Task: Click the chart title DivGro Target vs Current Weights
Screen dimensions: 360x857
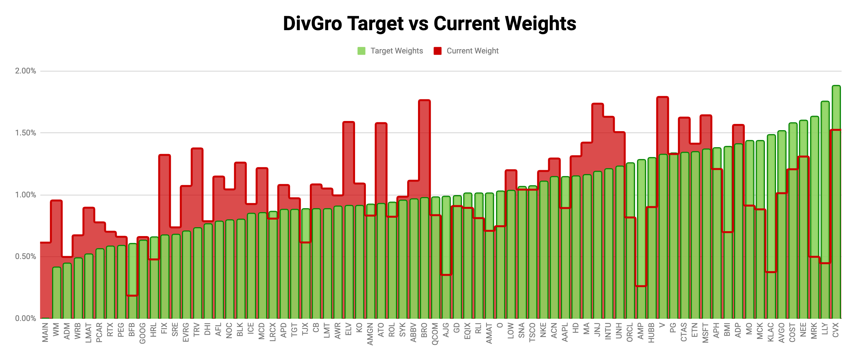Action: (x=429, y=24)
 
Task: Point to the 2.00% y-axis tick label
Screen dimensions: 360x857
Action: (x=25, y=71)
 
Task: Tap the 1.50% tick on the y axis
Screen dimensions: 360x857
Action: (x=25, y=133)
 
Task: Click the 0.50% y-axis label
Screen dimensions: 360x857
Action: (x=25, y=256)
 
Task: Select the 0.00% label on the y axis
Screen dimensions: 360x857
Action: (x=25, y=318)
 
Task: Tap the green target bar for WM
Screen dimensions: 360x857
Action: (x=57, y=293)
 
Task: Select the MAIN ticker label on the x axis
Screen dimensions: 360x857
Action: (x=45, y=332)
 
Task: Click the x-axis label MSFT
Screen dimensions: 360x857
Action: (x=705, y=332)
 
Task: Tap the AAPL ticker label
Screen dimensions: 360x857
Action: (x=565, y=332)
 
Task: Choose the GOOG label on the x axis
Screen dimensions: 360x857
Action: (x=142, y=333)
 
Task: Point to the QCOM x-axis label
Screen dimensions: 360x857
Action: (x=435, y=334)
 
